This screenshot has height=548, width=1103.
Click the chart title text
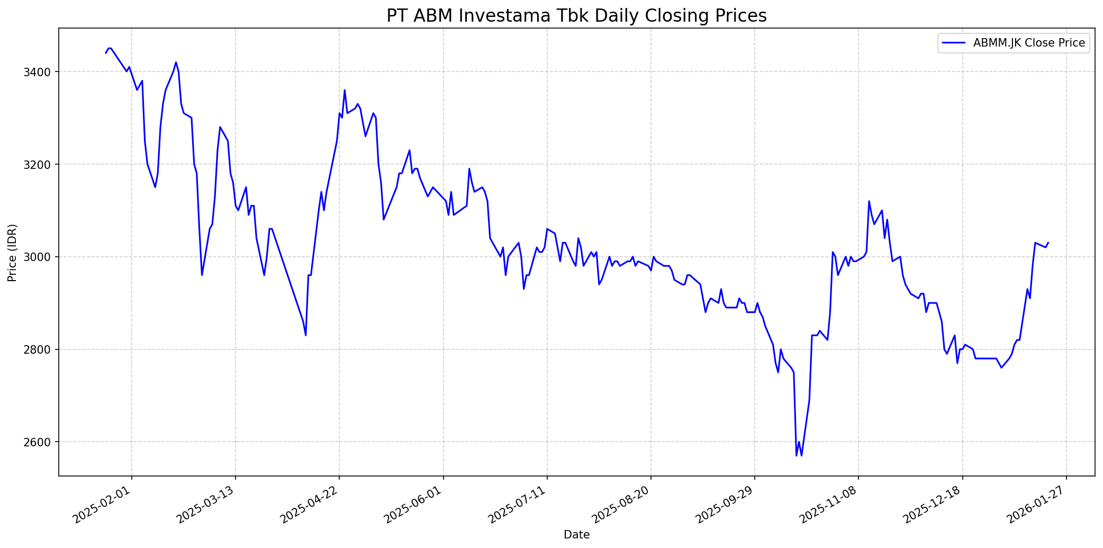click(x=576, y=16)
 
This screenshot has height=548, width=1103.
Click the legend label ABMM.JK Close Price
click(x=1029, y=43)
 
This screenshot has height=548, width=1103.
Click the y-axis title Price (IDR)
click(x=12, y=253)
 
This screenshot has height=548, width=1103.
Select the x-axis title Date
click(x=576, y=535)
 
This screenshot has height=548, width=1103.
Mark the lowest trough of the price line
click(x=797, y=455)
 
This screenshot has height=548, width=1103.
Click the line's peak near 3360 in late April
click(x=345, y=90)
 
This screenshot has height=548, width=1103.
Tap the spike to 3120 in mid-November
click(x=869, y=201)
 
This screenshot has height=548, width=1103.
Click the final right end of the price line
click(x=1048, y=243)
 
